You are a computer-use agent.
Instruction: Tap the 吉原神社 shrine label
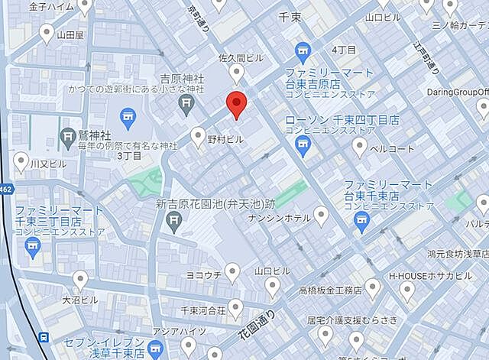(180, 79)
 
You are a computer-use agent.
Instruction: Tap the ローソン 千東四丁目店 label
(342, 120)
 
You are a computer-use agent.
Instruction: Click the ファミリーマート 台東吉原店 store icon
(303, 52)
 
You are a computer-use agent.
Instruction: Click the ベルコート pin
(360, 148)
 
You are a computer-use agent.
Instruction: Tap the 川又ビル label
(48, 164)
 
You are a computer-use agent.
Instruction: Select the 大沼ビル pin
(80, 280)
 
